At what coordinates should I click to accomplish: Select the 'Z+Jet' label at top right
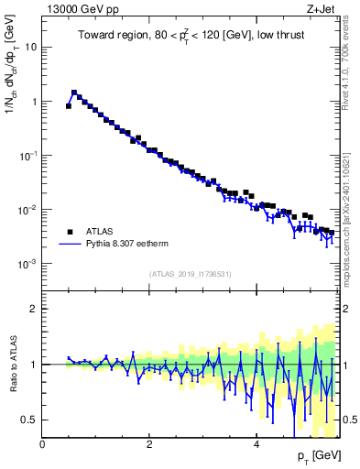318,11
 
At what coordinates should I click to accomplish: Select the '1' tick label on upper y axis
33,102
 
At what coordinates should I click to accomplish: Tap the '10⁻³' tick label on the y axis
27,264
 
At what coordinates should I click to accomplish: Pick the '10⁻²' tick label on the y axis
27,210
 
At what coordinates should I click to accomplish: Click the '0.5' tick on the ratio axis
28,420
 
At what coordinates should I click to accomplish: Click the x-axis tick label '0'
43,443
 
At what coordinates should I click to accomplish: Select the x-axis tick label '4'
257,443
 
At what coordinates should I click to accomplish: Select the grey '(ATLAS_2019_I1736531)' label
190,274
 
